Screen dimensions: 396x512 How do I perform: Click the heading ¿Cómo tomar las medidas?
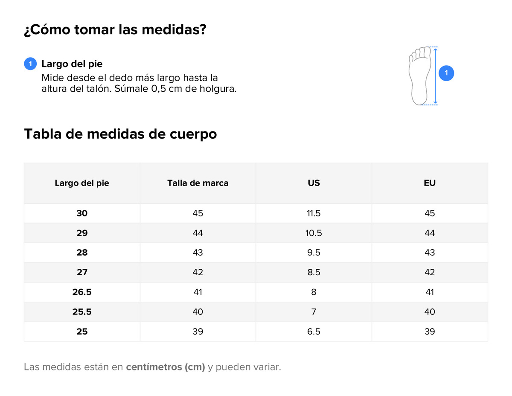click(115, 30)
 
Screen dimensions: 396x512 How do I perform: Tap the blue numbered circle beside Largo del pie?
click(30, 64)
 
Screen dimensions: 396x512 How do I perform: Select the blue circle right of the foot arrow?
click(446, 73)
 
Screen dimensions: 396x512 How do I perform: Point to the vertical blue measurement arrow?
click(435, 76)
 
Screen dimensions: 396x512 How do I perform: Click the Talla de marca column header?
click(198, 183)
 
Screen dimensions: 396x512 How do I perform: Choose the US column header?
click(314, 183)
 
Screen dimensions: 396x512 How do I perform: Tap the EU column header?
click(430, 183)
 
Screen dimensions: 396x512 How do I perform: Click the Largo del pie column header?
click(82, 183)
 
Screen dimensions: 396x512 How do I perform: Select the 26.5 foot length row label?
click(82, 292)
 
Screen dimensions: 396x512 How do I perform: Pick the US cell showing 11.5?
click(314, 213)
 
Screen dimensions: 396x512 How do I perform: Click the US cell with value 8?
click(314, 292)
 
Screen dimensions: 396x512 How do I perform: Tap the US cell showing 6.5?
click(314, 332)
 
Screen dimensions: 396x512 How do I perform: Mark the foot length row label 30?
click(82, 213)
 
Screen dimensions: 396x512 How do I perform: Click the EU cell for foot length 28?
click(430, 253)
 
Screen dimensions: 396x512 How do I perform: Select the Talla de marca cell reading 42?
click(198, 272)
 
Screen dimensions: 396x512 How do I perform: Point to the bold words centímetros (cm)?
click(166, 367)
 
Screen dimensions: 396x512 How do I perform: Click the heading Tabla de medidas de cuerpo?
click(120, 134)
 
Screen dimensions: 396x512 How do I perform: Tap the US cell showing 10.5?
click(314, 233)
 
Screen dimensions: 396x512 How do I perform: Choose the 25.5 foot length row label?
click(82, 312)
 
